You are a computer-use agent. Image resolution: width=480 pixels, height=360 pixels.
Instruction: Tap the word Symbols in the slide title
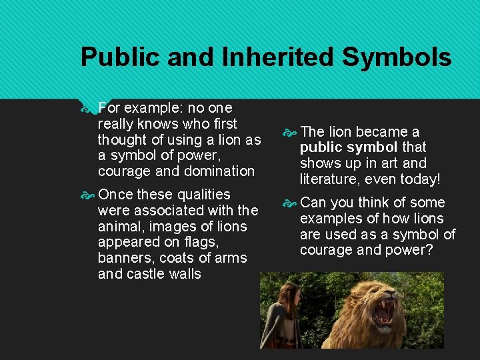[x=397, y=58]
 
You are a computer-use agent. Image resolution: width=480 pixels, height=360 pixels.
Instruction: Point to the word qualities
[x=198, y=195]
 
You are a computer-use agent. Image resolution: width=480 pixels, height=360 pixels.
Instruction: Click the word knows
[x=159, y=123]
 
